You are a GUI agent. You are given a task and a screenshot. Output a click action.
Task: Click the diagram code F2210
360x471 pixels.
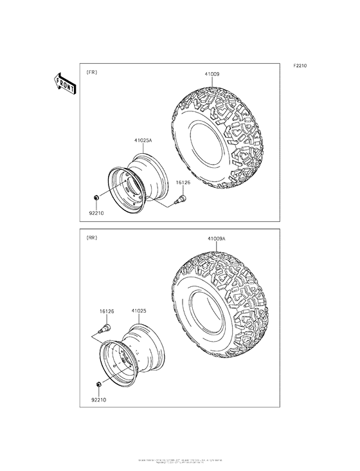pos(301,66)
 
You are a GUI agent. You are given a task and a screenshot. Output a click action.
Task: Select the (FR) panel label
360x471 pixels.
pos(92,73)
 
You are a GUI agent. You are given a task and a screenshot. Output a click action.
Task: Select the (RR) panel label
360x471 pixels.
pos(92,238)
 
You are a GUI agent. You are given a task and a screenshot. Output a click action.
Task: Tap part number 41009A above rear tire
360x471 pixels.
pos(216,239)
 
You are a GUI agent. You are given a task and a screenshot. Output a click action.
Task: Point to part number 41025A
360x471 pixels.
pos(143,140)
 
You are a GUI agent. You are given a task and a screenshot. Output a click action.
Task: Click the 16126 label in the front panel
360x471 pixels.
pos(184,183)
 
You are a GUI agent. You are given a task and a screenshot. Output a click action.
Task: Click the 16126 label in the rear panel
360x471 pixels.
pos(107,311)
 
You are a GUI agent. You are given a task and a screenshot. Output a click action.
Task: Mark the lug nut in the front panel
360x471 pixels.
pos(96,196)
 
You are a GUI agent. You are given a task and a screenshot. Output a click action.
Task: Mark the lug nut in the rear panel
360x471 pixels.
pos(96,384)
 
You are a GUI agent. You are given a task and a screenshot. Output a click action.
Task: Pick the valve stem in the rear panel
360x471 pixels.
pos(102,329)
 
